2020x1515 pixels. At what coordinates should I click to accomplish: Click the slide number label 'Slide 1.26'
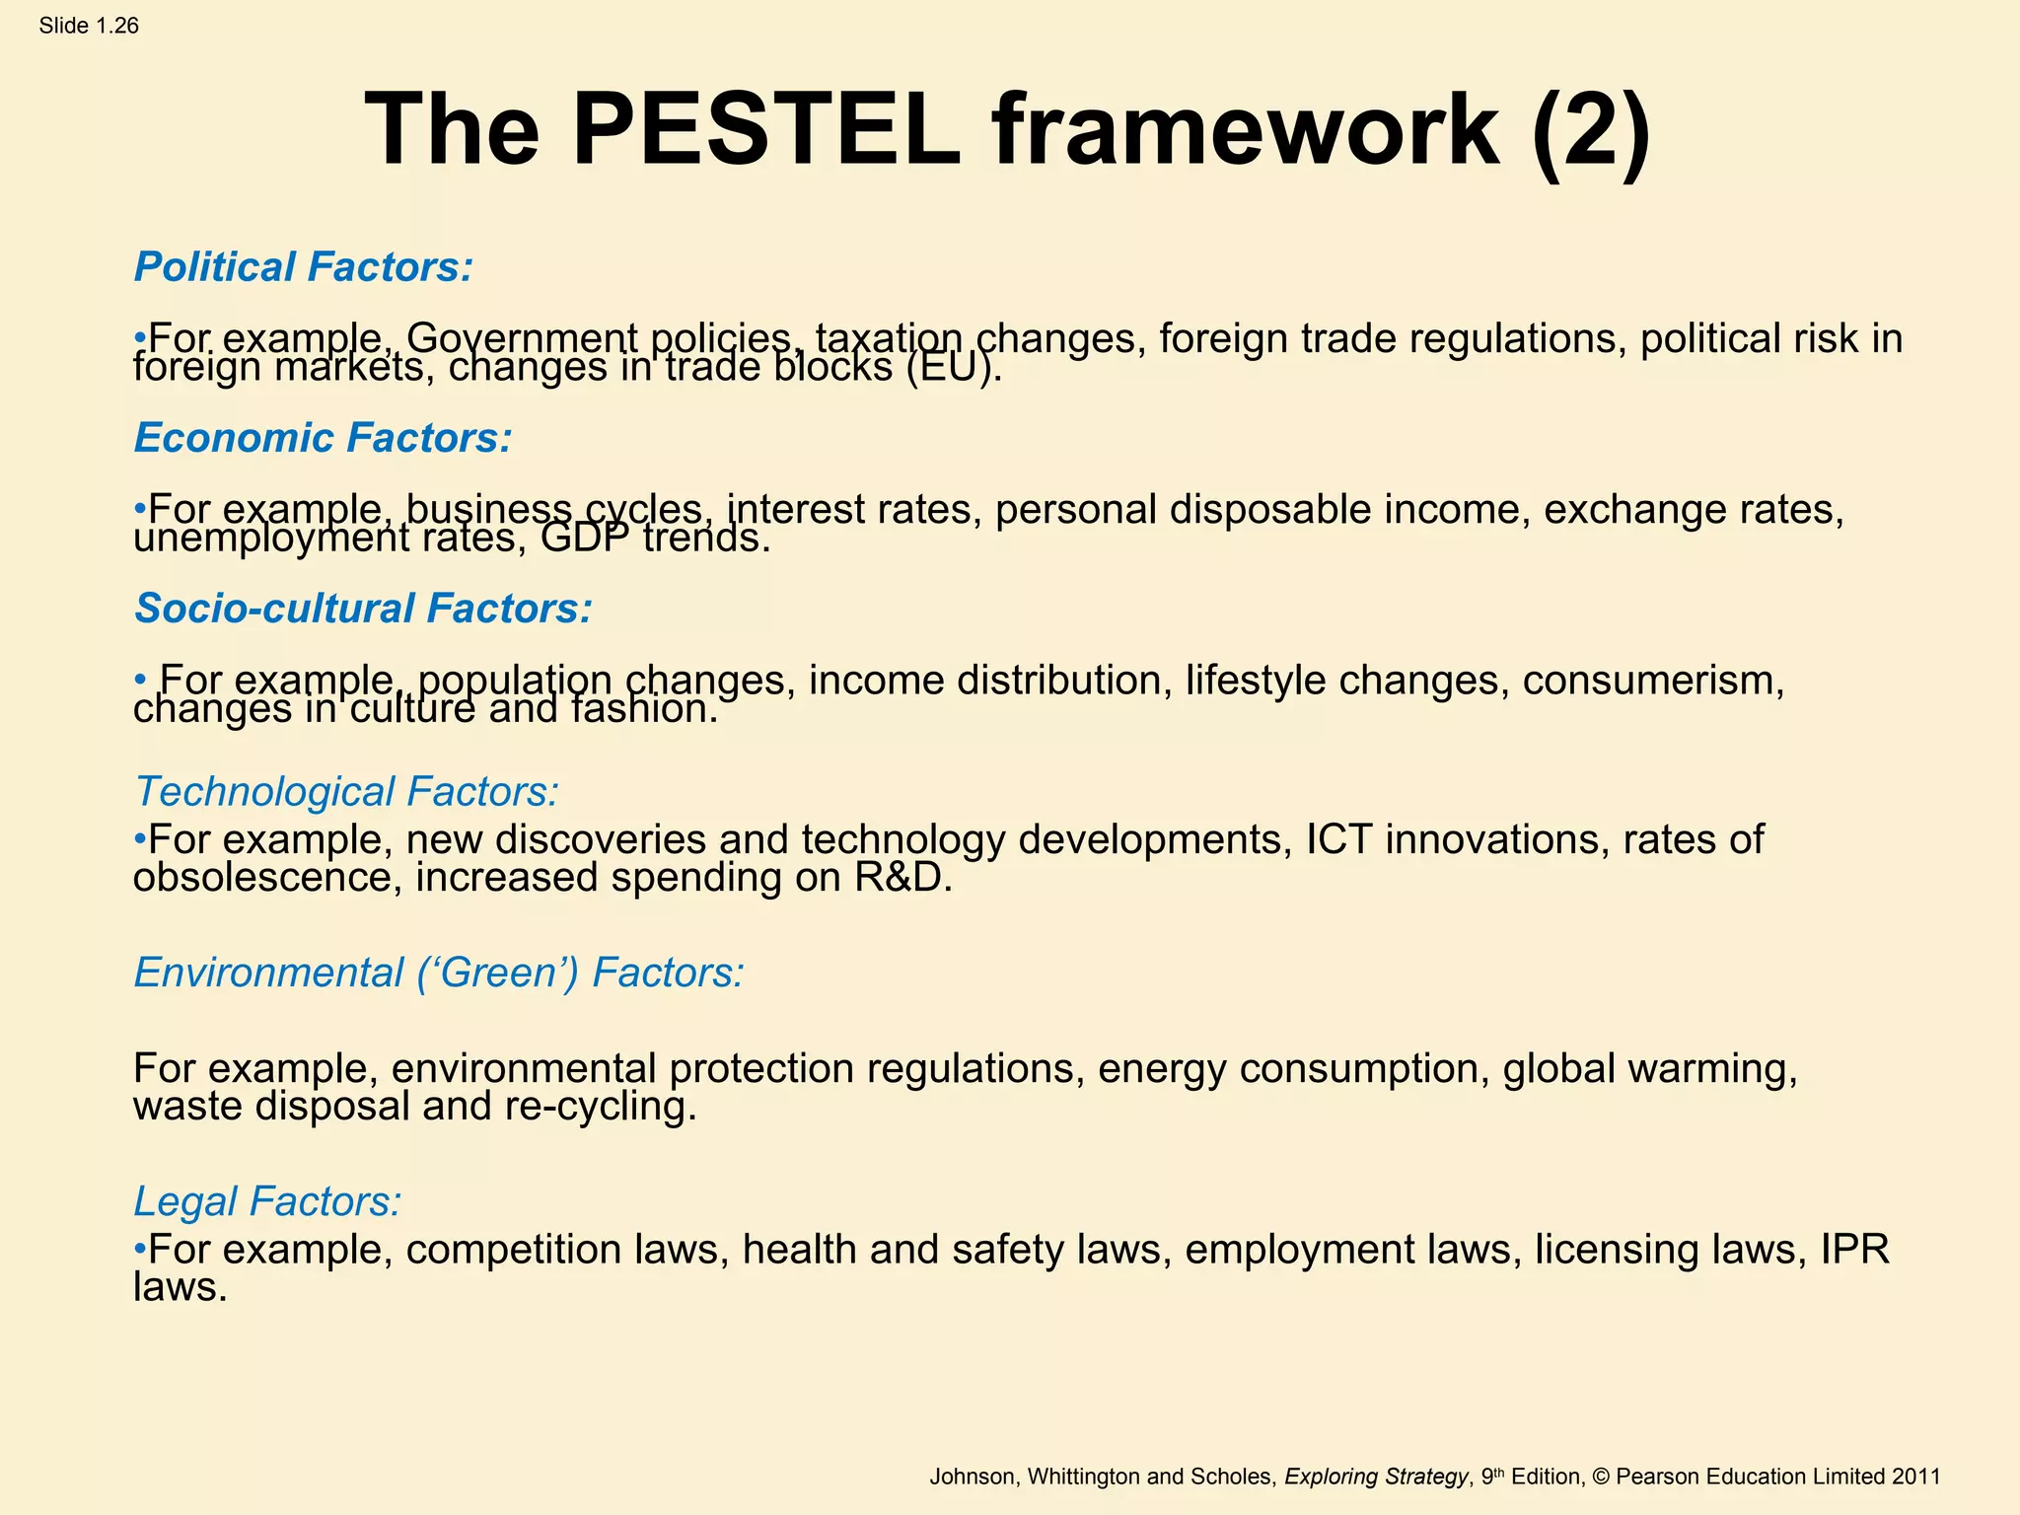(x=89, y=26)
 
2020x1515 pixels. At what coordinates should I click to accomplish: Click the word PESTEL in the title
(x=765, y=130)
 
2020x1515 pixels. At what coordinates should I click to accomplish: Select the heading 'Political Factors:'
(x=304, y=267)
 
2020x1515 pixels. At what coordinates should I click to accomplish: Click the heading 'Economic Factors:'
(x=324, y=438)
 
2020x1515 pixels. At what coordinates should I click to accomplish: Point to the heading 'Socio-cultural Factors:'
(x=363, y=609)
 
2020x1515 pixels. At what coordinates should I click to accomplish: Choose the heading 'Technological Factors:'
(x=346, y=791)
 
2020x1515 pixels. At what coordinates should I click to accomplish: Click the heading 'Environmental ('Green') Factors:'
(x=439, y=973)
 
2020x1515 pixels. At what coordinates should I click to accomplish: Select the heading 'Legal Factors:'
(x=267, y=1201)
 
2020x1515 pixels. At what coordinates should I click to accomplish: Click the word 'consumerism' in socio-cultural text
(x=1652, y=681)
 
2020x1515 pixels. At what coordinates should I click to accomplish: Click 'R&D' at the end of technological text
(x=902, y=878)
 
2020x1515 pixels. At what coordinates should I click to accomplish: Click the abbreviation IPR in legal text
(x=1853, y=1250)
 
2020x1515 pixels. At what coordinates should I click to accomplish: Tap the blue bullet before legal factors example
(x=140, y=1249)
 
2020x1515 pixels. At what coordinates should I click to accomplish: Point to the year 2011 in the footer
(x=1915, y=1477)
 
